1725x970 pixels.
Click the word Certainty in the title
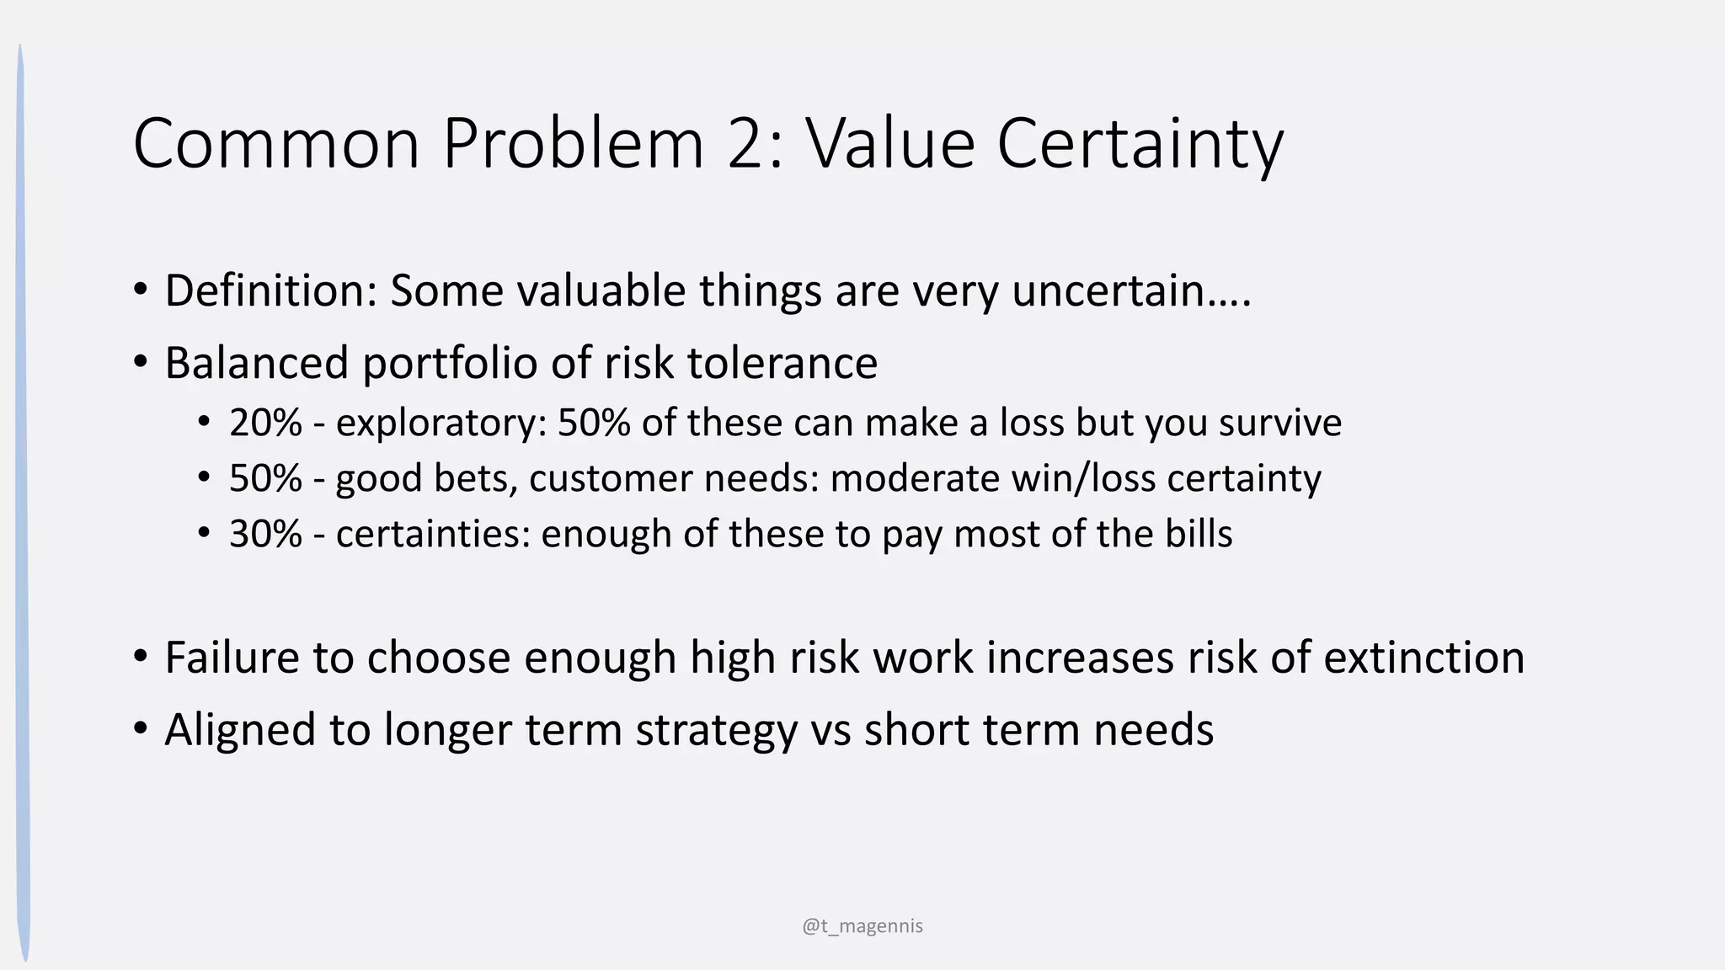(1140, 145)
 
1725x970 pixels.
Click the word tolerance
(782, 364)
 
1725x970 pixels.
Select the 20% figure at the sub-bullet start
(265, 423)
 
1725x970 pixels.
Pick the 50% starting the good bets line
(265, 478)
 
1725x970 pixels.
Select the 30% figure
(265, 534)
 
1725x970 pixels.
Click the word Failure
(232, 658)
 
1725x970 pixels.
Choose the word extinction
(1423, 658)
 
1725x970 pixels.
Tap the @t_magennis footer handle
(862, 926)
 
